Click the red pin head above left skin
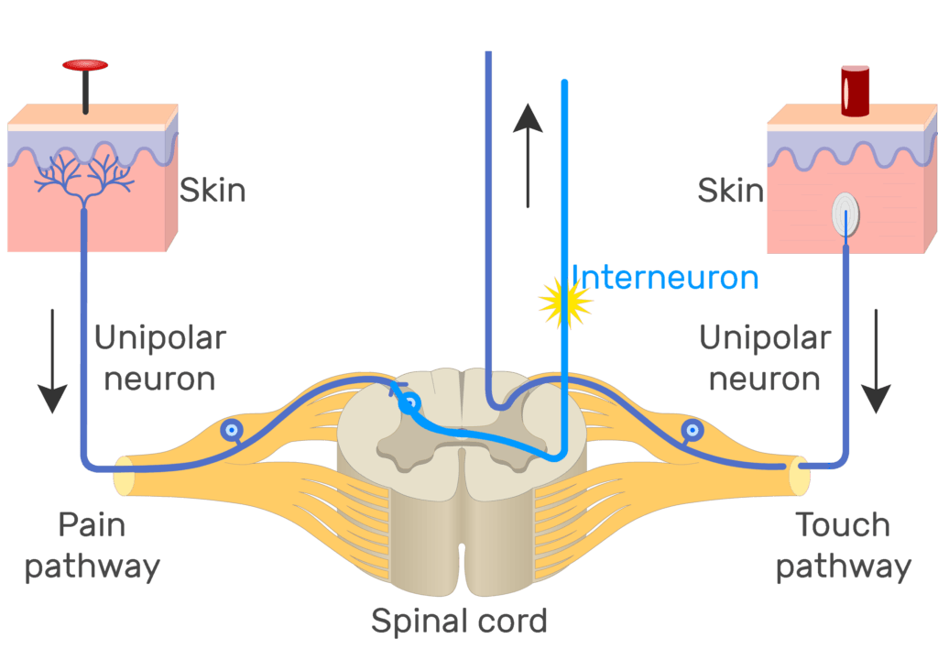coord(85,65)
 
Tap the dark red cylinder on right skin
coord(855,91)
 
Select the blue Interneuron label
coord(665,276)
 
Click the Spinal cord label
coord(459,621)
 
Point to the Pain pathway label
coord(92,545)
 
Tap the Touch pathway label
coord(843,545)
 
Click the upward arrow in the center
coord(529,156)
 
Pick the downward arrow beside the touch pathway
coord(877,360)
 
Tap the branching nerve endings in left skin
coord(84,178)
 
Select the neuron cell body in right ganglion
coord(693,428)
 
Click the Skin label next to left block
coord(212,191)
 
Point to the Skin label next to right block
coord(730,191)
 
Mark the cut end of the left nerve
coord(123,477)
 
